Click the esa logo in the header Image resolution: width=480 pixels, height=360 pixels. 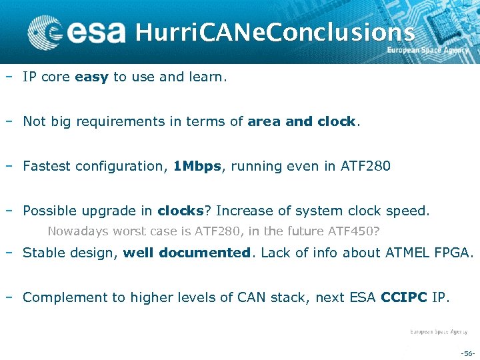[x=77, y=31]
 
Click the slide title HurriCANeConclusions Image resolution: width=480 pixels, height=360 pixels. [x=275, y=31]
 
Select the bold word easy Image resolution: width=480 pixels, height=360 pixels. [x=92, y=77]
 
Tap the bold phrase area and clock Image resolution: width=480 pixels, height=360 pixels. [x=302, y=122]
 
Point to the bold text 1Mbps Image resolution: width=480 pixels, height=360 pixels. [x=197, y=167]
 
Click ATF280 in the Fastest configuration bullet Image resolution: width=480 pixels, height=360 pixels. [x=365, y=167]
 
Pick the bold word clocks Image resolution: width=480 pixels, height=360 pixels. [x=180, y=211]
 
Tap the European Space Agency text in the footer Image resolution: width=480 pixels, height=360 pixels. [x=438, y=331]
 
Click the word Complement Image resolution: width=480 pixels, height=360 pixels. [x=61, y=298]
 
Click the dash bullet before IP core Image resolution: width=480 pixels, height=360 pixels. [x=8, y=77]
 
